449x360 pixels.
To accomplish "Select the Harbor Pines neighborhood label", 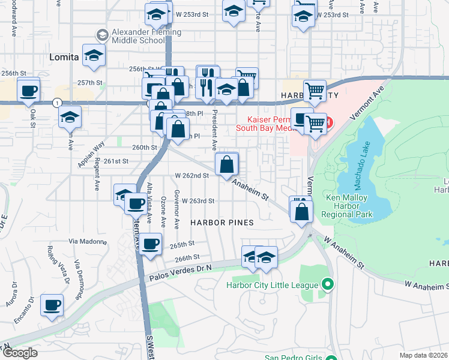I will (222, 222).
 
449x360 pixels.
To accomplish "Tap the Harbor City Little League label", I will (272, 284).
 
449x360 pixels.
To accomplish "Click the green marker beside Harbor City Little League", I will (327, 284).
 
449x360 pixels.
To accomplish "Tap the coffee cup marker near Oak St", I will (29, 91).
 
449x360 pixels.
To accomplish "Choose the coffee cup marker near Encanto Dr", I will (52, 304).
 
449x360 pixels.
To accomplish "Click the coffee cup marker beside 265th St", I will (151, 244).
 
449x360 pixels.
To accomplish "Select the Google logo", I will (20, 353).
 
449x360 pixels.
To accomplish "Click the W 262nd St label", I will (191, 176).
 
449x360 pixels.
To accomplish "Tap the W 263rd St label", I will (198, 201).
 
